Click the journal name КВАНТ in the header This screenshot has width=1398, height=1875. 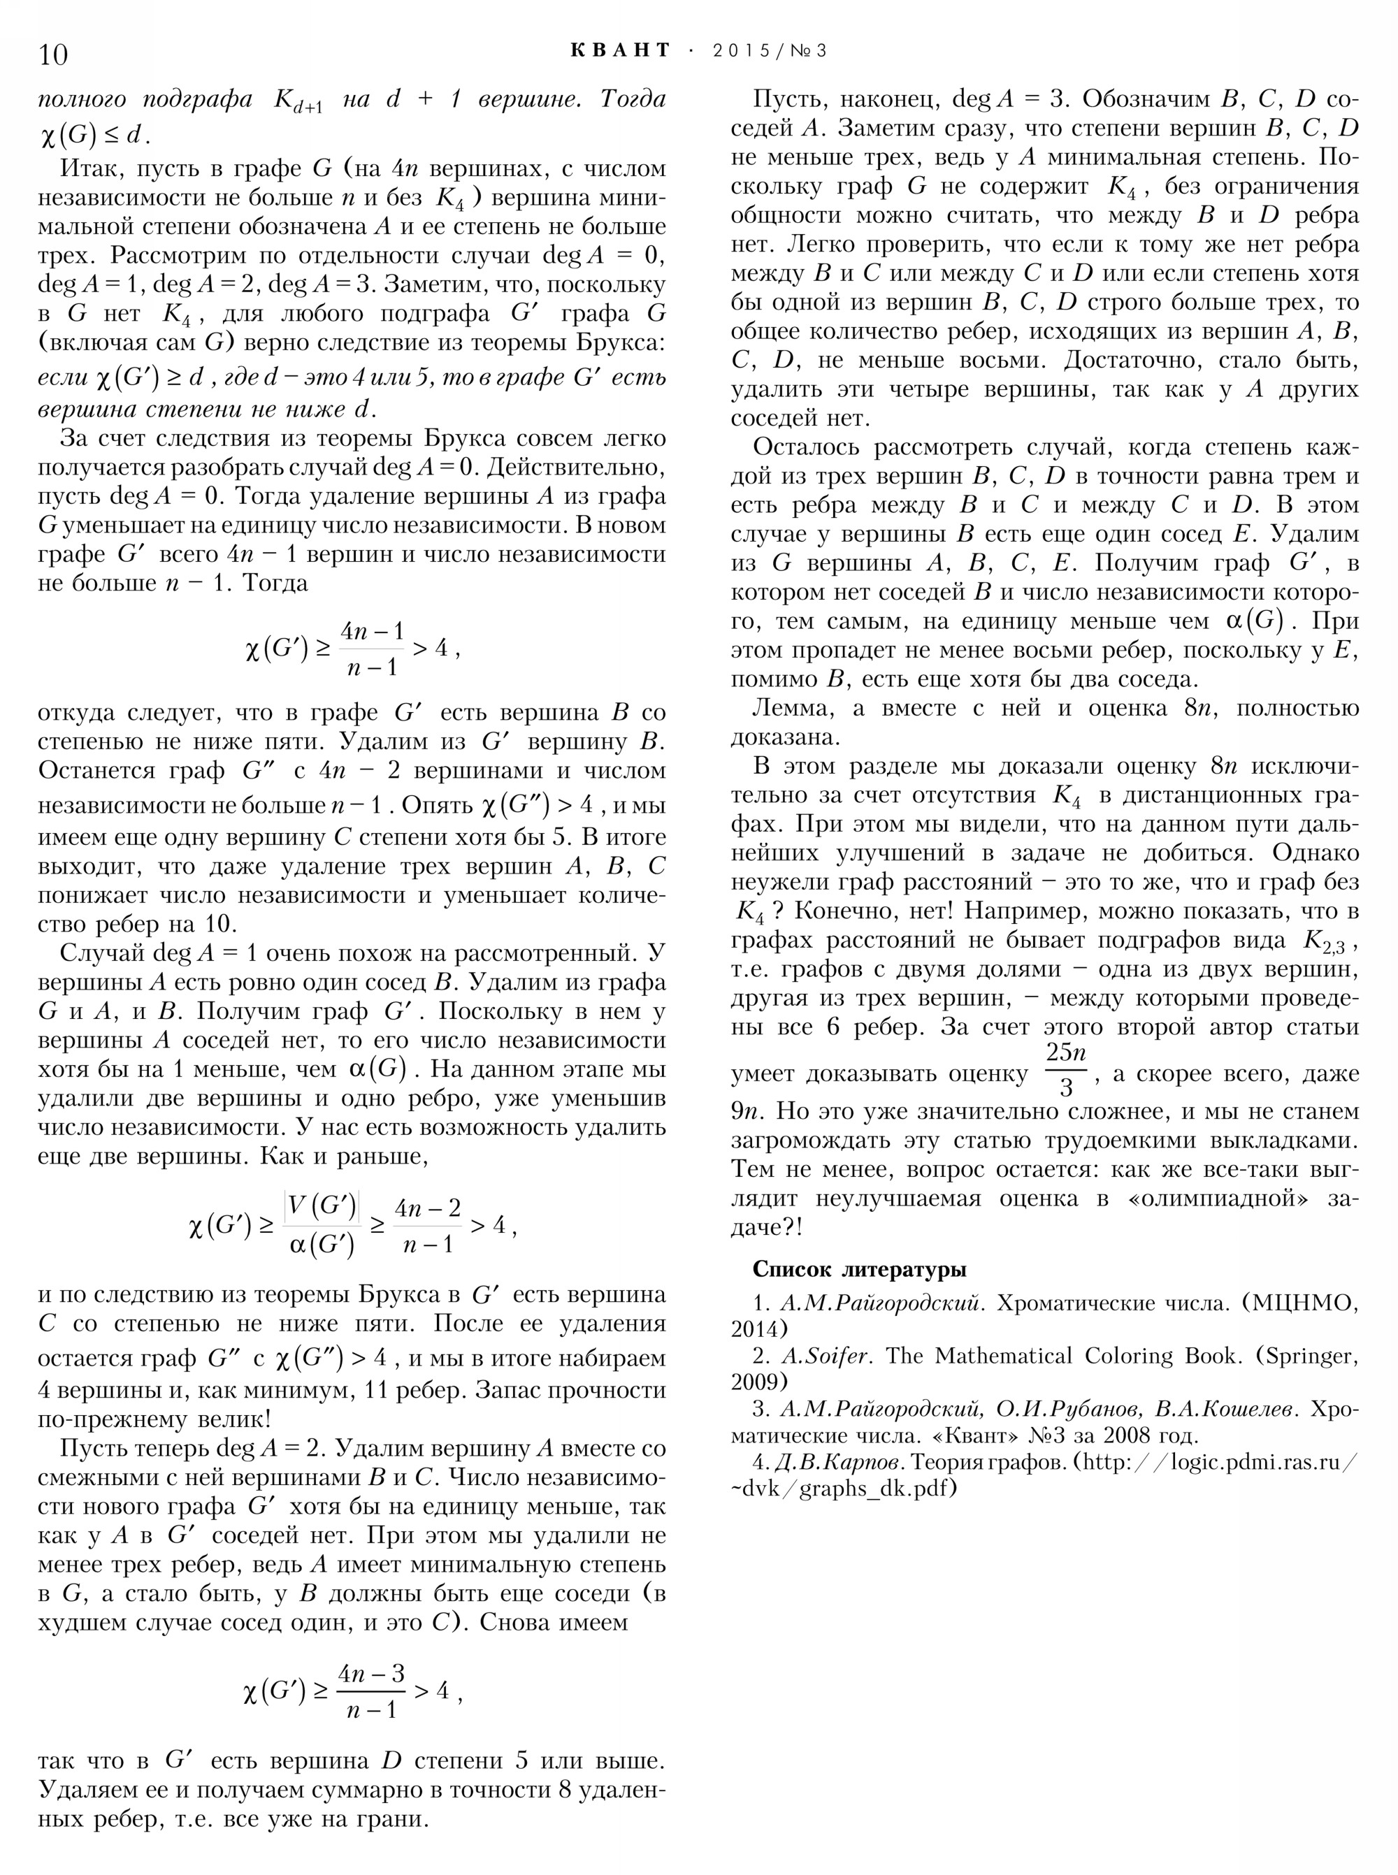[x=620, y=51]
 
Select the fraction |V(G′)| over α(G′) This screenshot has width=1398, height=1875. [x=322, y=1224]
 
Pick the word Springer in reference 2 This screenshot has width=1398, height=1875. [x=1306, y=1356]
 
